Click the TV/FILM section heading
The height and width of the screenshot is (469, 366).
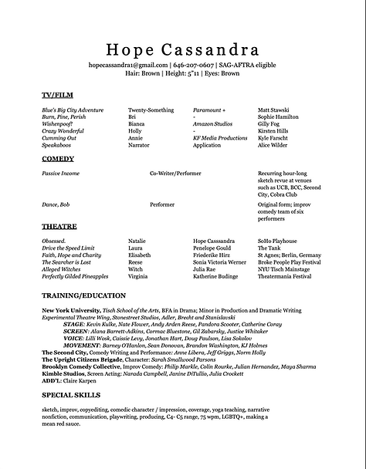point(58,95)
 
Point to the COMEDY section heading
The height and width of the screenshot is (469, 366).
point(58,159)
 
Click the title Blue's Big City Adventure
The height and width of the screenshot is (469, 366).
point(73,110)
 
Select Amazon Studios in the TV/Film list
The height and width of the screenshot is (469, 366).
point(212,123)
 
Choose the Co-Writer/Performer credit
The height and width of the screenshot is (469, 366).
point(175,174)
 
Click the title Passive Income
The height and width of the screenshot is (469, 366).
point(60,174)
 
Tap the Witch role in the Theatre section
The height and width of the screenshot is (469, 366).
point(136,268)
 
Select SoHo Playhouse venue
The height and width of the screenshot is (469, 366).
point(277,241)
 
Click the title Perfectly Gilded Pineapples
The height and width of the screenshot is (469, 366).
point(75,275)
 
